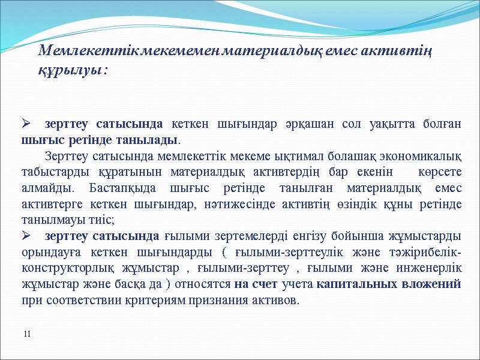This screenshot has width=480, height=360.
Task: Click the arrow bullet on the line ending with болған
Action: pos(26,124)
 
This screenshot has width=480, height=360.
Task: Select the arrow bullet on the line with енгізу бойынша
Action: pos(26,233)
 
